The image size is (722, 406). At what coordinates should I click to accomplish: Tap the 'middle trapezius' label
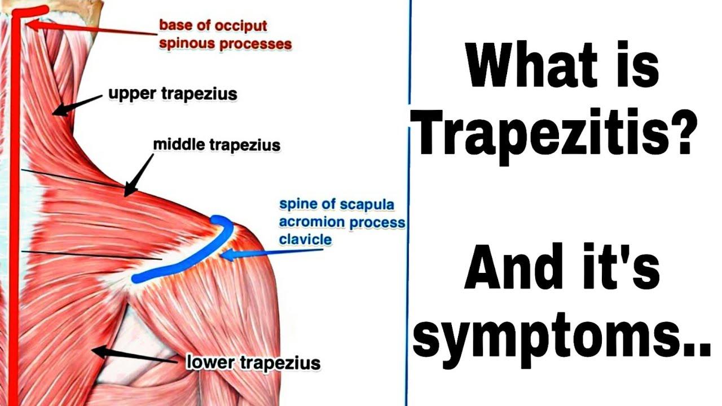[217, 145]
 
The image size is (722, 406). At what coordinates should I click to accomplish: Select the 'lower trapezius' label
[253, 363]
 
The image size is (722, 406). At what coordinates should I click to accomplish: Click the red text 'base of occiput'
[213, 26]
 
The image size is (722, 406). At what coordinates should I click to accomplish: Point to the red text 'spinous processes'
[225, 43]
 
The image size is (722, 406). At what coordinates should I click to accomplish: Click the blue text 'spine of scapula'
[336, 204]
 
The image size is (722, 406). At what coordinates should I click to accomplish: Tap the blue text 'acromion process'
[342, 222]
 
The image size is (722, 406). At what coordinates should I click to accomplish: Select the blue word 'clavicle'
[305, 240]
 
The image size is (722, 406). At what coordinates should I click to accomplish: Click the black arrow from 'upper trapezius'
[76, 105]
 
